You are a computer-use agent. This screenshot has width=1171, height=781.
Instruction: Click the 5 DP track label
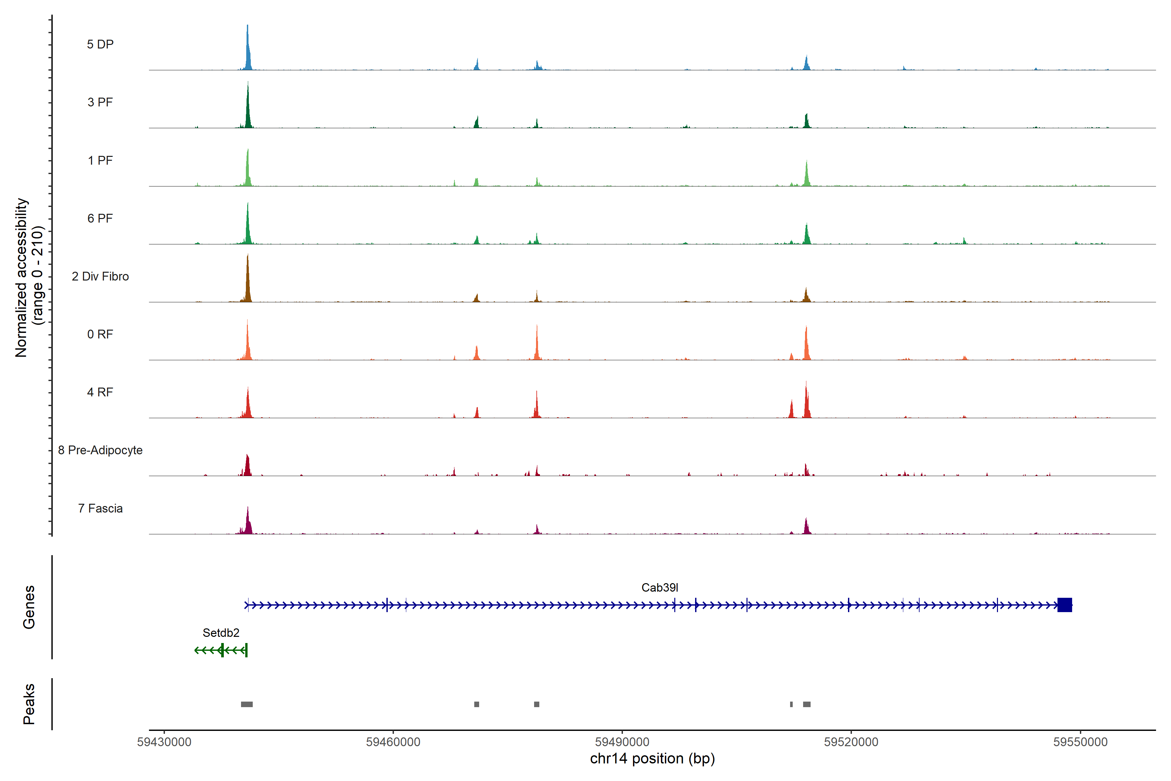click(x=100, y=44)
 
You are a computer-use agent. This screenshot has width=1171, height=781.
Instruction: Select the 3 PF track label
click(x=100, y=102)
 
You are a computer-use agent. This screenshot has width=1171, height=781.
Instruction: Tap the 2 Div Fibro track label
click(x=100, y=276)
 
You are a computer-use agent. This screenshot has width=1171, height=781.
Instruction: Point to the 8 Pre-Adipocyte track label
click(x=100, y=450)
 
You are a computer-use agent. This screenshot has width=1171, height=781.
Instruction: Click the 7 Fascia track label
click(x=100, y=509)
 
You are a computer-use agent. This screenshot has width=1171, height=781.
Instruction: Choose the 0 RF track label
click(x=100, y=334)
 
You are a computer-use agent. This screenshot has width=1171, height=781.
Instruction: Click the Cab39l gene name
click(x=659, y=588)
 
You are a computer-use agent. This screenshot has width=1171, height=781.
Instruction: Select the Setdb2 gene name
click(x=221, y=633)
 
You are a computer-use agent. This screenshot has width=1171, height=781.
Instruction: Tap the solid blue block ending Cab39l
click(x=1064, y=605)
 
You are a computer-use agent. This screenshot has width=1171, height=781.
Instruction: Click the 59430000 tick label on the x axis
click(x=164, y=742)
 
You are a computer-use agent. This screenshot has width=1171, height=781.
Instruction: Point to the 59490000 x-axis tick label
click(x=622, y=742)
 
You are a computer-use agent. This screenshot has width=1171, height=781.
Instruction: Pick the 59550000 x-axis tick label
click(x=1080, y=742)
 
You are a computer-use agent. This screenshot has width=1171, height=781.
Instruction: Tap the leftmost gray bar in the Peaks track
click(x=247, y=704)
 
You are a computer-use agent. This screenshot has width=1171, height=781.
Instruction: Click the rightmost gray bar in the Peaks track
click(x=807, y=704)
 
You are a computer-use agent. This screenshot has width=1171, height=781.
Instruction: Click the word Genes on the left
click(x=29, y=607)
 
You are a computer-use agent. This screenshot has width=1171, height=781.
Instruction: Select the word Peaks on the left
click(x=29, y=704)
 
